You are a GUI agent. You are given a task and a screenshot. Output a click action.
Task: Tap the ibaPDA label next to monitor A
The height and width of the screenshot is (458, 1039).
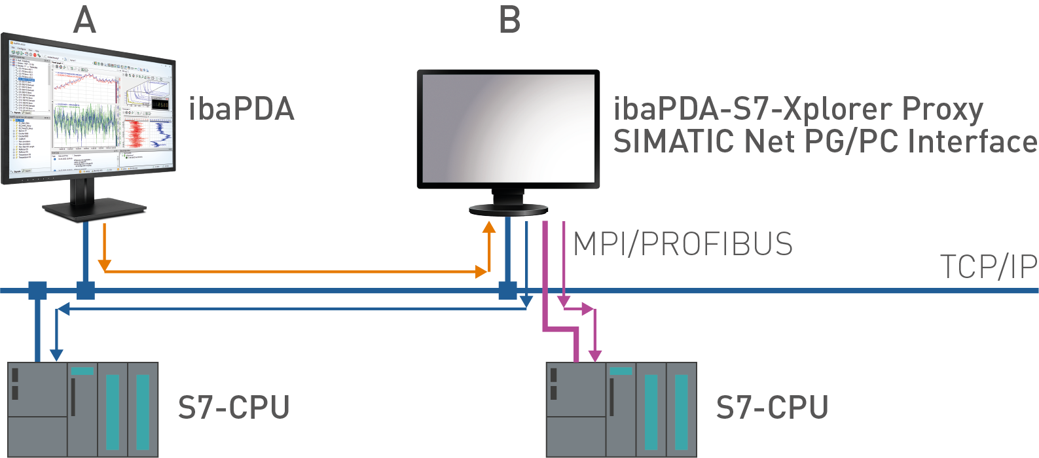tap(242, 109)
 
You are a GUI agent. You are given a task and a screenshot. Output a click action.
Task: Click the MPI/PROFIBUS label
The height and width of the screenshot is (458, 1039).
tap(682, 244)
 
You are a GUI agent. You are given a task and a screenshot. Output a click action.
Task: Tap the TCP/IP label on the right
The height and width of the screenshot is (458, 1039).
tap(989, 267)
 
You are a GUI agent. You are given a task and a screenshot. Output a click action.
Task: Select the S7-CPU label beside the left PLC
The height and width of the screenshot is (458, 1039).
tap(234, 408)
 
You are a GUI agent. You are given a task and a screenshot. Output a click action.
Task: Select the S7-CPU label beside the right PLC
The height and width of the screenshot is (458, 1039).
tap(772, 408)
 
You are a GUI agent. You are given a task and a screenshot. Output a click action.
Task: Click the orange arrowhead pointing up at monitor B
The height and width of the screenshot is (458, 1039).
tap(489, 227)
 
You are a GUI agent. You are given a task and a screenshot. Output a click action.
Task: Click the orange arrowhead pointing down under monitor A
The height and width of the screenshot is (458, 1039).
tap(104, 265)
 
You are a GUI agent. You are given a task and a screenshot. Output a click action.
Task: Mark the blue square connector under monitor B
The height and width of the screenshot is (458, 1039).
tap(507, 290)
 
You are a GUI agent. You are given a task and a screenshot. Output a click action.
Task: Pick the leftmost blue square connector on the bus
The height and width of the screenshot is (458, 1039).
tap(37, 290)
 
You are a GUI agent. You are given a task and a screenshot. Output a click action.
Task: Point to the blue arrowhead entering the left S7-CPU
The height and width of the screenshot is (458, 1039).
tap(57, 355)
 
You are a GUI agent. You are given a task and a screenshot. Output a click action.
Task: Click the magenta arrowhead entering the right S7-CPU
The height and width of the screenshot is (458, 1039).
tap(594, 355)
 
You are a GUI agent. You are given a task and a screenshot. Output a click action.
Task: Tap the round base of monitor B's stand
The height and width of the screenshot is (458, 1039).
tap(508, 209)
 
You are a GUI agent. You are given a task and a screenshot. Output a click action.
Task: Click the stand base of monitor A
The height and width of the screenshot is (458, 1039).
tap(95, 209)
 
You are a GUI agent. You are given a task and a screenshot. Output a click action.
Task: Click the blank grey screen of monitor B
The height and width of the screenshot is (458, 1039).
tap(508, 128)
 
